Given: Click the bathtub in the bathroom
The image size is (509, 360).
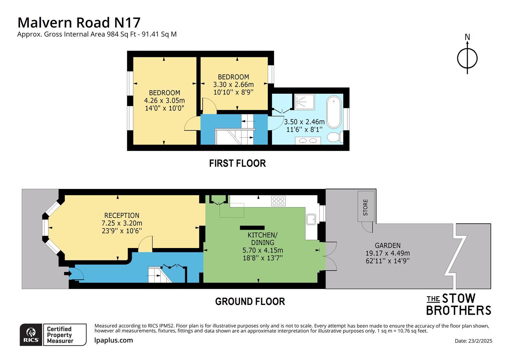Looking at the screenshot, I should [334, 112].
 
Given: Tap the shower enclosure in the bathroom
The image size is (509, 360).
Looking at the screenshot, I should [304, 102].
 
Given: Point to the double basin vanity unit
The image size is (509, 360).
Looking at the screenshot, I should [308, 141].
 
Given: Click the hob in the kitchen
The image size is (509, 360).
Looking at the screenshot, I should [278, 201].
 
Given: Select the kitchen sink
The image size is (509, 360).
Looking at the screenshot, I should [311, 220].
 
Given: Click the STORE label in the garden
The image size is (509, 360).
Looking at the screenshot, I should [365, 207].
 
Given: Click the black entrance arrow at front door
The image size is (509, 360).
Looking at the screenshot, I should [67, 274].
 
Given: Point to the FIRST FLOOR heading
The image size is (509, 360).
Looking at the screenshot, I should [237, 163].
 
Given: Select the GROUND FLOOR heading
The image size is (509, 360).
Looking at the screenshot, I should [250, 302].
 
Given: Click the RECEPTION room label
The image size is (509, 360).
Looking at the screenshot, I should [122, 216].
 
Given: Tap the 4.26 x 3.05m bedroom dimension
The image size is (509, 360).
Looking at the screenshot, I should [164, 100].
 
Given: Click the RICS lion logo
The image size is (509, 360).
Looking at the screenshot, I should [31, 335].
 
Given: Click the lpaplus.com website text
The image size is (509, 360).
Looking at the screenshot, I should [114, 340].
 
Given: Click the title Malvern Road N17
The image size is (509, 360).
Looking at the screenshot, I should [79, 23].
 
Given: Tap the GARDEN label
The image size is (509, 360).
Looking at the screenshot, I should [387, 245].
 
